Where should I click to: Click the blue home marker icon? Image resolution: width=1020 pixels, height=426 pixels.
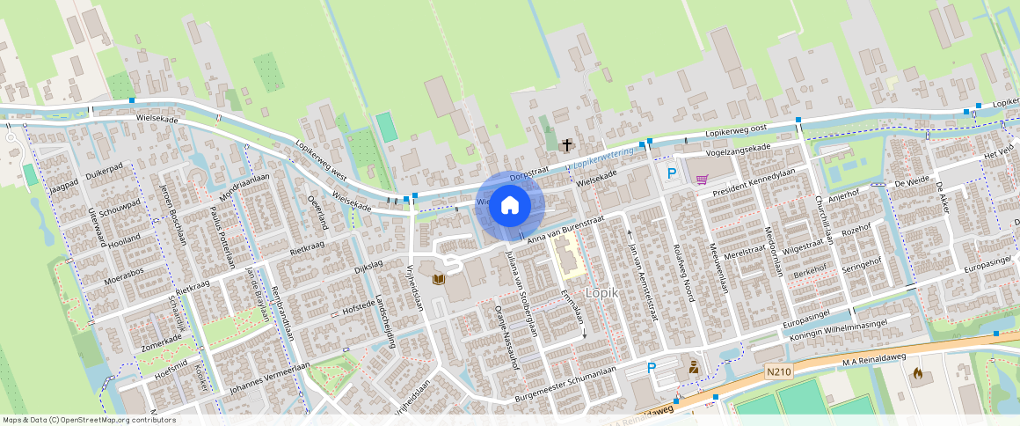point(509,206)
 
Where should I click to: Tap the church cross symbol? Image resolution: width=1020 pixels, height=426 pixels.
point(567,144)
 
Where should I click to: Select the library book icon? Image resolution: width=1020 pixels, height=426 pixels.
point(438,279)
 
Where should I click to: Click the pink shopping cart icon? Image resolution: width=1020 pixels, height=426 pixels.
point(702,180)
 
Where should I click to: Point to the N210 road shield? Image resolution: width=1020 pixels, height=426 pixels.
point(778,371)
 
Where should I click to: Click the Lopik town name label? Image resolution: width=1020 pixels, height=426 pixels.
point(602,293)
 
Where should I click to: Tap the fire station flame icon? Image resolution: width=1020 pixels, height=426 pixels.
point(918,374)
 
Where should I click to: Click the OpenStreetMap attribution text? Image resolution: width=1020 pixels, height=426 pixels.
point(89,420)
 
